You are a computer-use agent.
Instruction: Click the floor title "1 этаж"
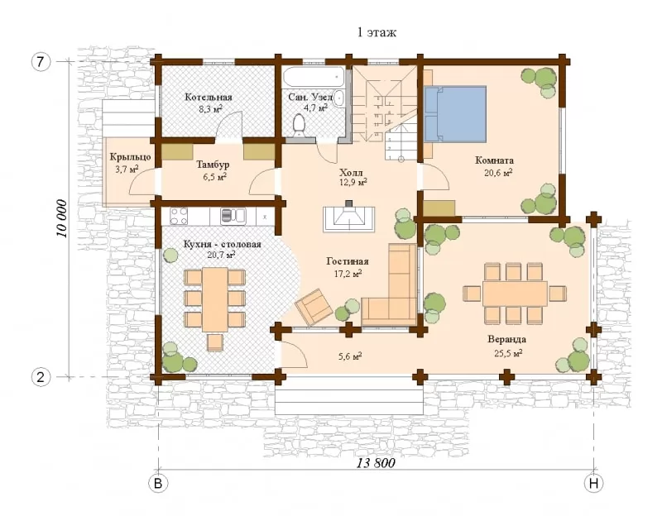377,32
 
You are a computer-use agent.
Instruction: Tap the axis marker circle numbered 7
40,61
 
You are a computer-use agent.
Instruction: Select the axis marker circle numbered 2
41,377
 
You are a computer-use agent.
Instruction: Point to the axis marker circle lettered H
593,483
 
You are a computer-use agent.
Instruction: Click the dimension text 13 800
376,463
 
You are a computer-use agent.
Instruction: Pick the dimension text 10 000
62,218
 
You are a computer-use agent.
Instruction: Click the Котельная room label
209,98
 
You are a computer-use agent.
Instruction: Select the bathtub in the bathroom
314,77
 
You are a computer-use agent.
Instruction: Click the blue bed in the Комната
456,114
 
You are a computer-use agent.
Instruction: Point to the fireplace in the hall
348,217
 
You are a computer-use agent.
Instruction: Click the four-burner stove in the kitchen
179,217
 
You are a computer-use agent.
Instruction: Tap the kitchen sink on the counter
233,216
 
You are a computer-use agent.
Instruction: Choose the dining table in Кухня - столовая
215,299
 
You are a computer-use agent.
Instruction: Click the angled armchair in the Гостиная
314,306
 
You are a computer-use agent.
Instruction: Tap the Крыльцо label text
131,157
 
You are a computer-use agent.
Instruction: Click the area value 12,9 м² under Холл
353,183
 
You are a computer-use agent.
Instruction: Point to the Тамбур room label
213,165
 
